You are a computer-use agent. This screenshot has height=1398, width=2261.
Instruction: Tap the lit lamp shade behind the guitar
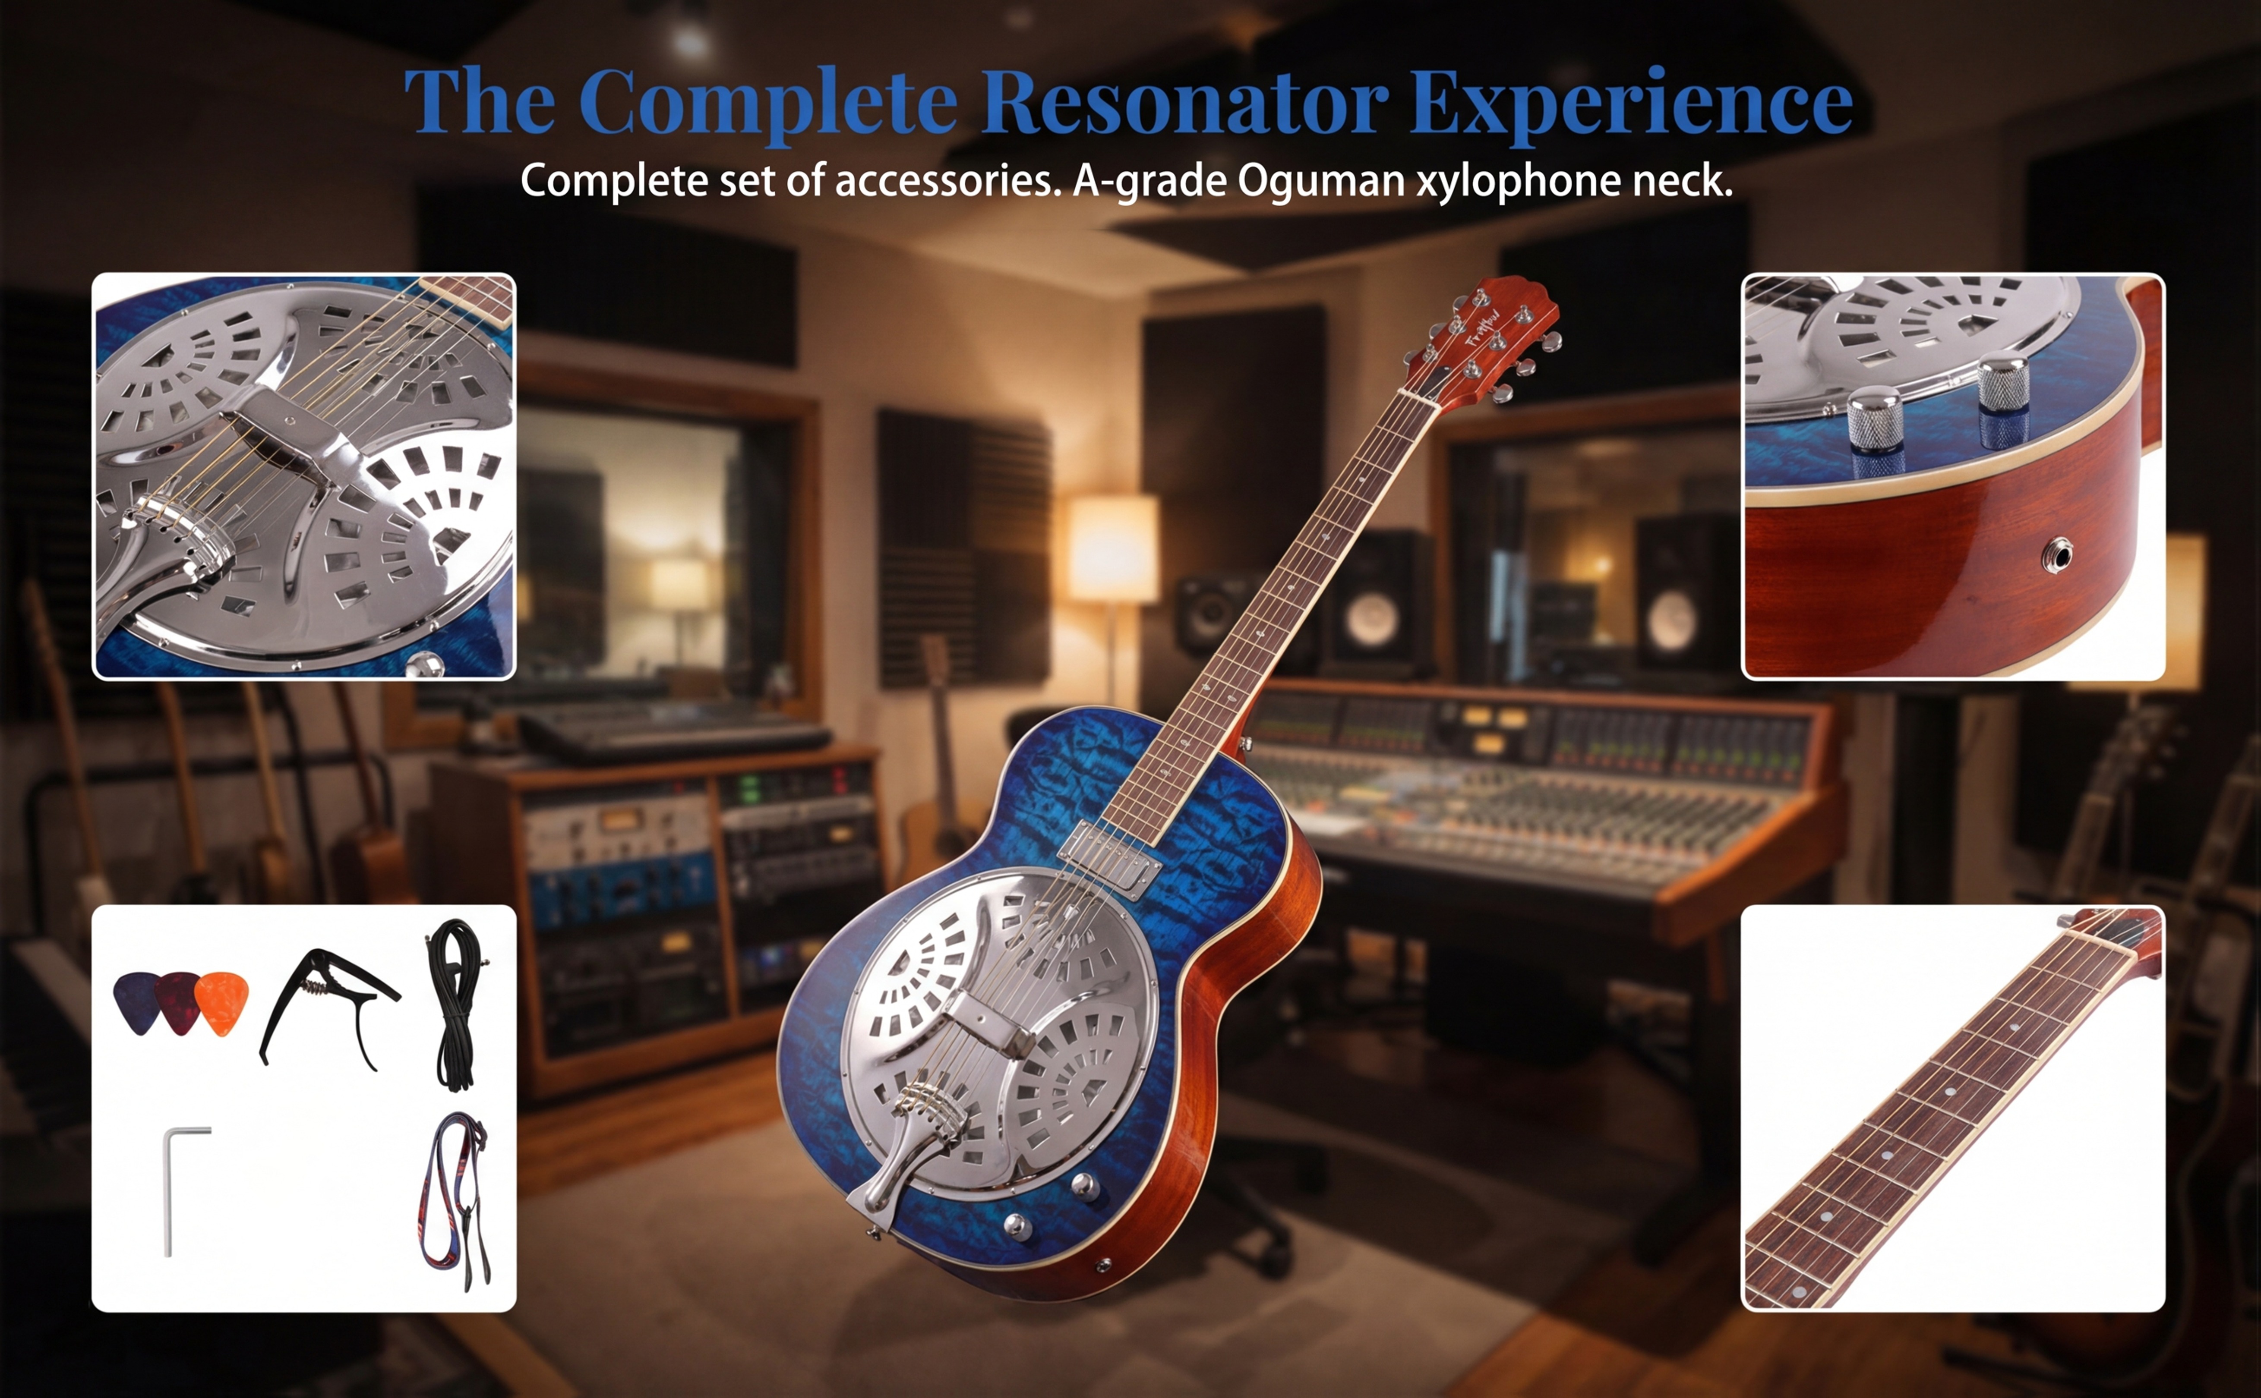[1112, 548]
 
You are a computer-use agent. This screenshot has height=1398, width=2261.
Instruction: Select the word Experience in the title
[1631, 104]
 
